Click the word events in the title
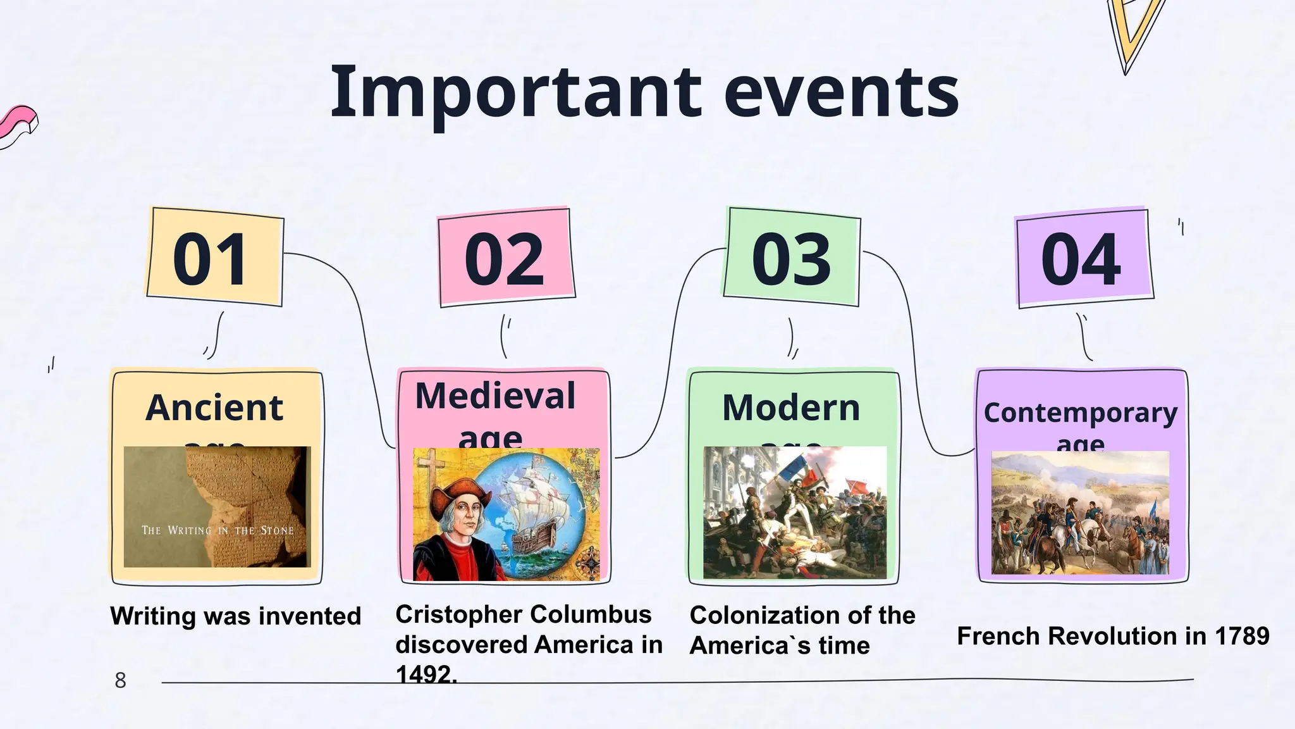841,93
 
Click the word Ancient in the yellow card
214,408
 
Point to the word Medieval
495,396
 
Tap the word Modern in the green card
791,408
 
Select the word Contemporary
1081,413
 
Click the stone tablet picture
217,506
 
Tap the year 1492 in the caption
425,675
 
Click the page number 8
120,681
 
